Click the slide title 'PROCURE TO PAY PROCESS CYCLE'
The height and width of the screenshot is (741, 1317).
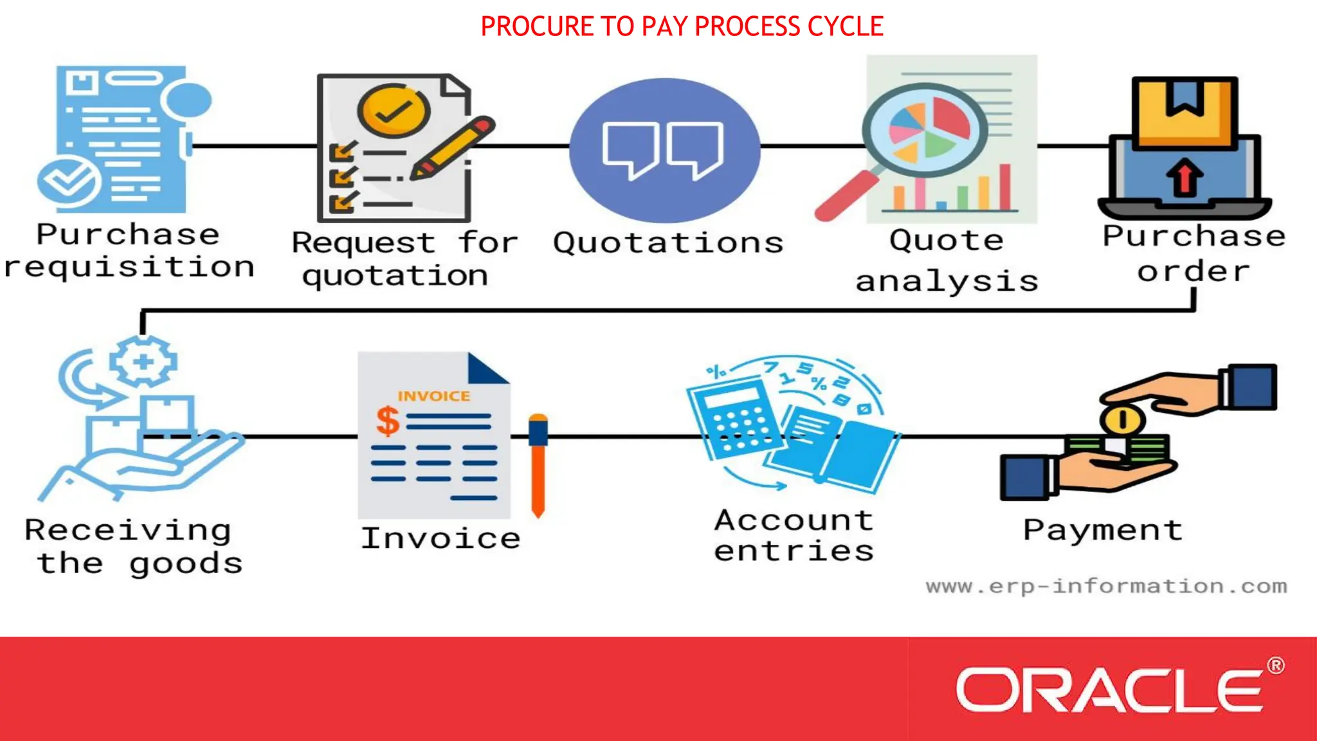point(682,26)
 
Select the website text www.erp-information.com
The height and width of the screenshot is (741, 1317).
point(1106,587)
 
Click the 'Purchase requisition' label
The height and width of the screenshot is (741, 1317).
point(129,251)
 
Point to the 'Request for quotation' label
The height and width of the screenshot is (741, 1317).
point(404,259)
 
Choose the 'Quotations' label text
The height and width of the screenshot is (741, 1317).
point(668,243)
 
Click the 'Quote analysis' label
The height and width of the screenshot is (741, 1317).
point(947,261)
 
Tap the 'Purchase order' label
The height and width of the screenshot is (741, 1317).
point(1194,253)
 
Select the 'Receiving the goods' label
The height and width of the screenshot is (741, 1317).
point(134,547)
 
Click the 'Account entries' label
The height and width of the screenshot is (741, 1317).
point(794,535)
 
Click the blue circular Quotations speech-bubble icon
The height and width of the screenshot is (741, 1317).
point(664,150)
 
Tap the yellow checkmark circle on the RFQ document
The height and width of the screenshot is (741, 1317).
point(394,111)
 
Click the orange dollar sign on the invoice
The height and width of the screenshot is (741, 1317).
point(388,421)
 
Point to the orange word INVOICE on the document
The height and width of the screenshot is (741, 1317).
point(433,396)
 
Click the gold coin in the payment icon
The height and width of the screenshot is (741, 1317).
point(1122,420)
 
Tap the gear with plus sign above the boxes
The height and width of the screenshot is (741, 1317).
point(143,361)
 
